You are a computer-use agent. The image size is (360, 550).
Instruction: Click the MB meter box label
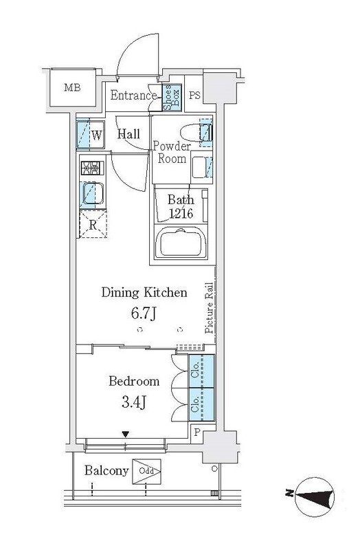click(x=73, y=87)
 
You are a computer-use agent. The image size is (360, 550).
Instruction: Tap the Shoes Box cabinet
click(x=172, y=98)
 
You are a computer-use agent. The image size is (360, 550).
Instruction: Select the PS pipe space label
click(x=194, y=96)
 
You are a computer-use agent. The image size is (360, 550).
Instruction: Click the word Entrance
click(x=133, y=95)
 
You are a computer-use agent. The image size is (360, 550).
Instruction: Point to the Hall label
click(x=128, y=133)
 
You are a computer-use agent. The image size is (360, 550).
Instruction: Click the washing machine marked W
click(x=91, y=135)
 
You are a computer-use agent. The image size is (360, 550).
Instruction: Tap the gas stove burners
click(x=93, y=168)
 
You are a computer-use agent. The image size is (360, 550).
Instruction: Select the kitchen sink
click(x=92, y=194)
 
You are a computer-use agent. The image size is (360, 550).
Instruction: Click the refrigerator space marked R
click(x=93, y=225)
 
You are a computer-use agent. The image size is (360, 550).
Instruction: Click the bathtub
click(x=181, y=243)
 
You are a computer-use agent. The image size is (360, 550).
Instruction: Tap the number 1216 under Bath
click(x=181, y=213)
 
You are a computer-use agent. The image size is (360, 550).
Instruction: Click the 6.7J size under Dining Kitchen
click(x=144, y=313)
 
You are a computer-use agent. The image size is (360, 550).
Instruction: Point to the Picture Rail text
click(x=210, y=307)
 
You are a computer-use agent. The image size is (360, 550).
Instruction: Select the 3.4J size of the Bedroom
click(x=134, y=402)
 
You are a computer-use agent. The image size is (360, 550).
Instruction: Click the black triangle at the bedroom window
click(x=126, y=434)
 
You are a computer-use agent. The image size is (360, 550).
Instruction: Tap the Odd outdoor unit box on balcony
click(x=146, y=471)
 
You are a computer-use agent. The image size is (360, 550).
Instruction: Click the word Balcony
click(x=106, y=471)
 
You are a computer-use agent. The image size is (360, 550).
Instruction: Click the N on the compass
click(x=289, y=494)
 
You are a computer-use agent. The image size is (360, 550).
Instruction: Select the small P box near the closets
click(x=196, y=432)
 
